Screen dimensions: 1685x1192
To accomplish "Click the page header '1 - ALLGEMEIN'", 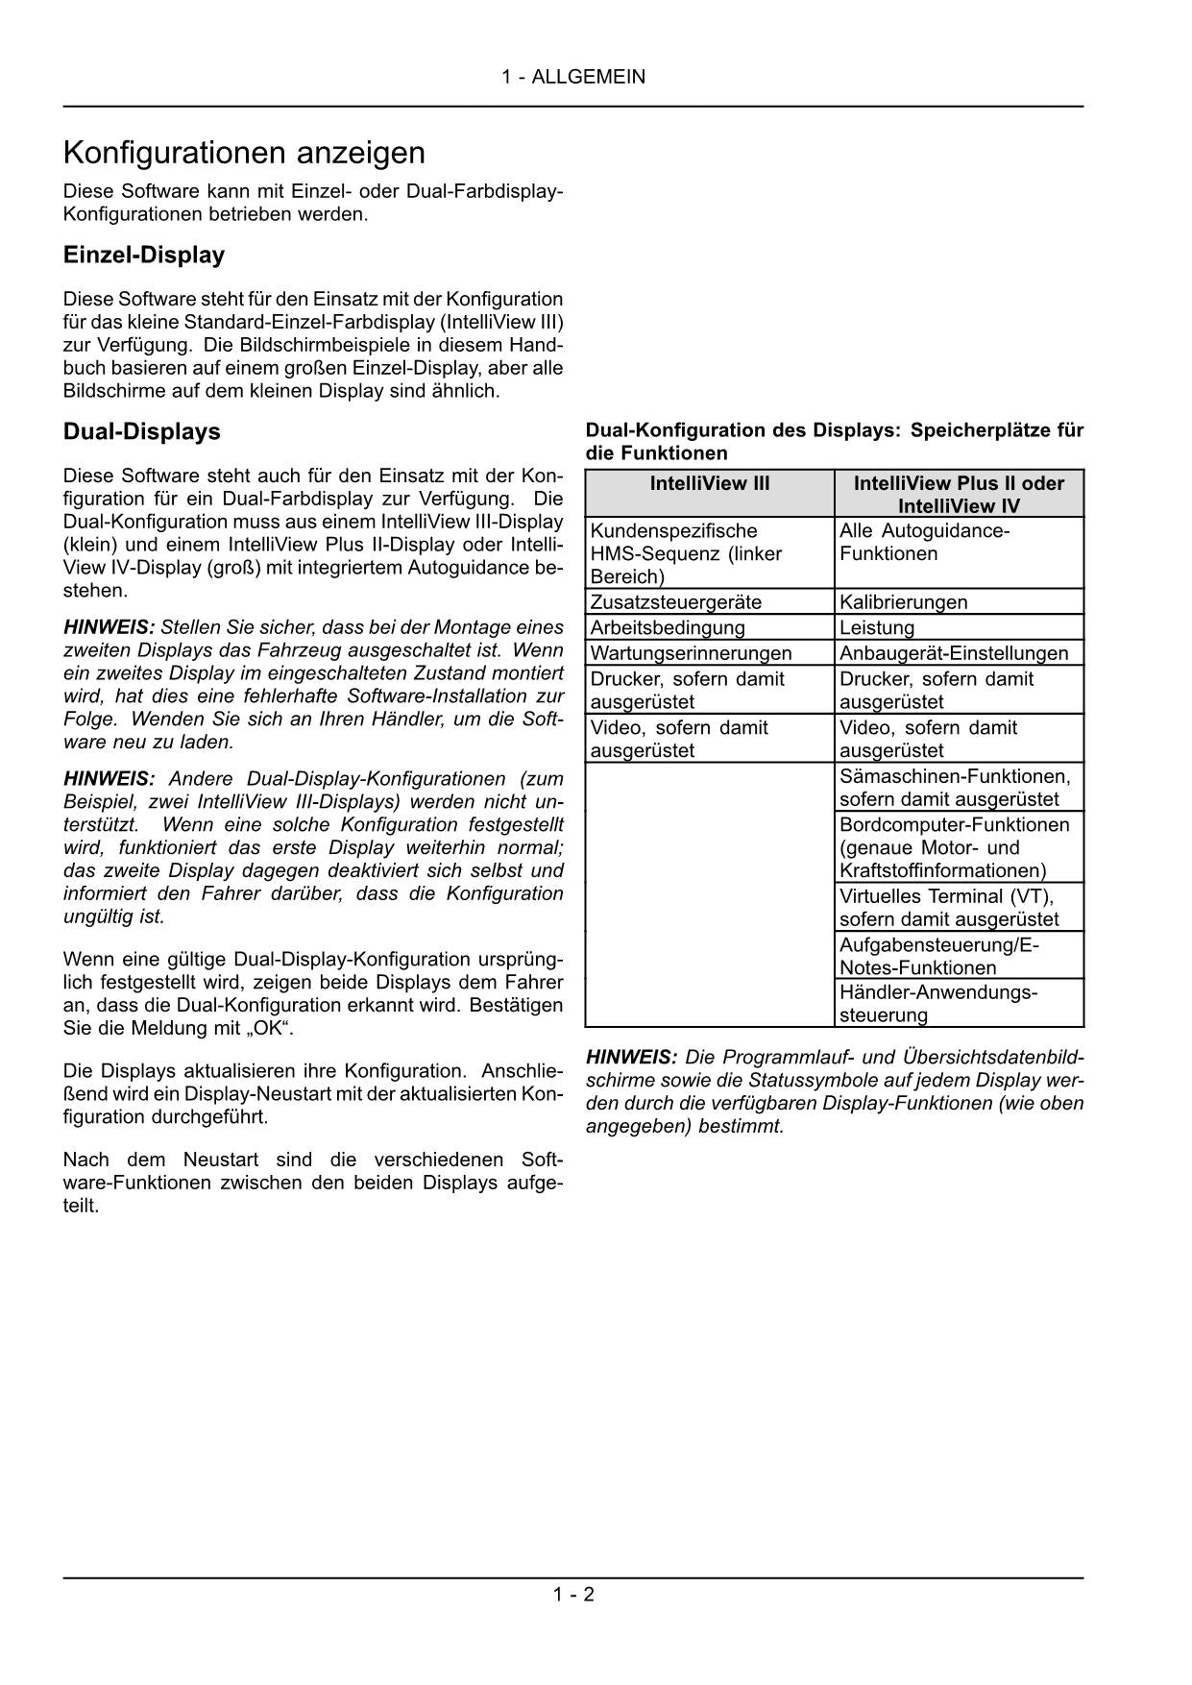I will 572,77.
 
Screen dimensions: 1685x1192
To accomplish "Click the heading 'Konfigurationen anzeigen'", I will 244,153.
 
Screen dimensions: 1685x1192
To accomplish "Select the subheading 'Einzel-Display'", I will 144,256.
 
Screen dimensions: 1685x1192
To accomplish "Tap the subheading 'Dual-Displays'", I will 142,432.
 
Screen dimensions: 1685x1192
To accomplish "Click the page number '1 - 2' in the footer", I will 572,1595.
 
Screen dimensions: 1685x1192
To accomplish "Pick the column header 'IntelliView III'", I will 710,484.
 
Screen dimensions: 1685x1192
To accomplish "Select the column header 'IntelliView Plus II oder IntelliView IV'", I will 959,495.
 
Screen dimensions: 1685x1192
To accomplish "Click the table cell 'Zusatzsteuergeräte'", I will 676,602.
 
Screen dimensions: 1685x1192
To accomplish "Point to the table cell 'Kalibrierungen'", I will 904,602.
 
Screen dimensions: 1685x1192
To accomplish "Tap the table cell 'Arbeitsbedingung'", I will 668,628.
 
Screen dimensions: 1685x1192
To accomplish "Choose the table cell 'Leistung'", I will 877,628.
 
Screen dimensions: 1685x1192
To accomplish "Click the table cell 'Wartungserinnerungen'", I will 692,653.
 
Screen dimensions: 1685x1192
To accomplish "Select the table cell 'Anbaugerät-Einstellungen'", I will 954,653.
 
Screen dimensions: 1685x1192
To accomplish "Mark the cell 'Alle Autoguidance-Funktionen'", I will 924,543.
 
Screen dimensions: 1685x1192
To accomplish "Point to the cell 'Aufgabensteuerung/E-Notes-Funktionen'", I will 939,956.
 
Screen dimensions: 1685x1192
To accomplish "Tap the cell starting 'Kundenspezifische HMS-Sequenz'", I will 686,554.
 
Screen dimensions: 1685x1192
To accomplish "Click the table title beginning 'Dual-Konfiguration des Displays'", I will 834,442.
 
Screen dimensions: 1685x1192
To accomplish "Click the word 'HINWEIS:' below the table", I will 631,1058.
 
